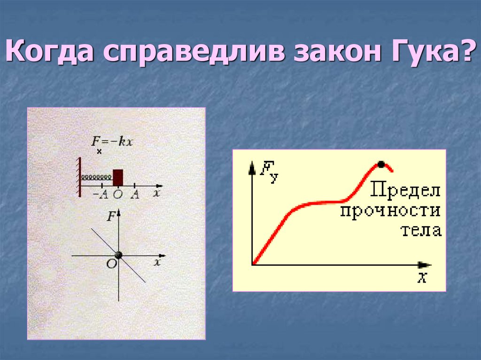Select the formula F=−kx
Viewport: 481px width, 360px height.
pyautogui.click(x=111, y=142)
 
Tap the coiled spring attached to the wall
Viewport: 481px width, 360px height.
pyautogui.click(x=97, y=177)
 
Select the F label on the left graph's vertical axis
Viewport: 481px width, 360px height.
pyautogui.click(x=111, y=216)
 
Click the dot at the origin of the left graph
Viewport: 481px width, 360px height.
pyautogui.click(x=118, y=255)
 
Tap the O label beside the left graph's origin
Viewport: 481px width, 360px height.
pyautogui.click(x=111, y=264)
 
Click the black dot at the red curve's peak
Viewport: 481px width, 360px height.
pyautogui.click(x=381, y=164)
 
